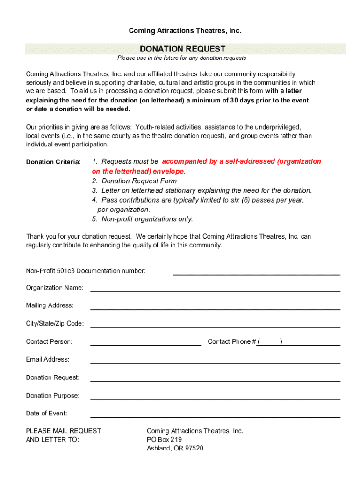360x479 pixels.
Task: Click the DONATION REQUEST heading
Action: click(x=183, y=49)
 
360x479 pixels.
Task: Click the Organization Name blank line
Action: click(x=215, y=290)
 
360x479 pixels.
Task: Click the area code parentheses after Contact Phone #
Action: click(x=270, y=342)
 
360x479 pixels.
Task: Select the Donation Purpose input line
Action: click(x=215, y=399)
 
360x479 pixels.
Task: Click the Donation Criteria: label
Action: click(x=53, y=162)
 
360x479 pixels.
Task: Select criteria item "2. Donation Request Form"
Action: click(x=134, y=181)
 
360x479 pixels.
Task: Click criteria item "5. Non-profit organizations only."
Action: click(x=142, y=219)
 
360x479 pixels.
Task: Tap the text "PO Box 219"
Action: click(x=164, y=440)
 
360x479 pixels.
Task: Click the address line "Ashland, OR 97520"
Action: click(x=175, y=448)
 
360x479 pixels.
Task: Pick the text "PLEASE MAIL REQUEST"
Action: click(x=64, y=431)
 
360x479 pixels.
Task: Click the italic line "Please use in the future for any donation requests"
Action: click(x=181, y=58)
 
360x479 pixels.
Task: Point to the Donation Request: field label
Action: click(x=53, y=377)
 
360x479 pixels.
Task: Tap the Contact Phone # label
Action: click(x=231, y=342)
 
